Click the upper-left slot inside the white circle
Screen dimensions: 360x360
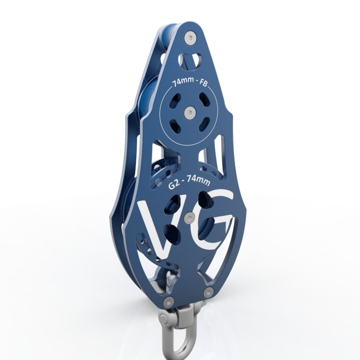176,99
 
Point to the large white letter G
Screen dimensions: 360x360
215,220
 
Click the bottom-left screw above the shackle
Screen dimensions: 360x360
168,301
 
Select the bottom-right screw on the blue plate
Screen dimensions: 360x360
208,292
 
